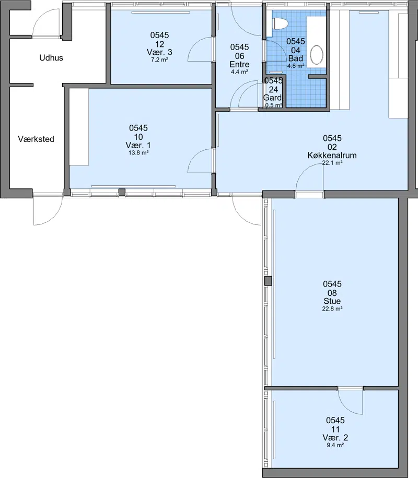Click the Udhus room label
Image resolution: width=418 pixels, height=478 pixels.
pos(51,57)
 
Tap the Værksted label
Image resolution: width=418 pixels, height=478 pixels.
pos(36,139)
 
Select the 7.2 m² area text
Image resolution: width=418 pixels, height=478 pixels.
pos(159,59)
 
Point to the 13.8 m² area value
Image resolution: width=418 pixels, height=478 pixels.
pos(138,153)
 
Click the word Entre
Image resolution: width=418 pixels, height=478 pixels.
pos(239,64)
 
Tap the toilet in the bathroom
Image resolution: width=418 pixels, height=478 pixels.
pos(280,24)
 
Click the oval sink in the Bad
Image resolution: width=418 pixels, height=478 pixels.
pos(317,55)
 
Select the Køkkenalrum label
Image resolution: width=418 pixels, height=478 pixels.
pos(332,155)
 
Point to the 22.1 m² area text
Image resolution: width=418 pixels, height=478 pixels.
pos(332,163)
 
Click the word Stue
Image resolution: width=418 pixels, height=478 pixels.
pos(332,301)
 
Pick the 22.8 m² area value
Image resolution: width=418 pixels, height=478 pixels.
pos(332,309)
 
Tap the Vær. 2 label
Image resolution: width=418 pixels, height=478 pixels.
pos(335,438)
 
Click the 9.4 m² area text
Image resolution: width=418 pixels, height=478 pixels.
pos(335,445)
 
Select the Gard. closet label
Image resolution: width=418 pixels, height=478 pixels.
pos(273,98)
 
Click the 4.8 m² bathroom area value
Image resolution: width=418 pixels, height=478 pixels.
pos(296,66)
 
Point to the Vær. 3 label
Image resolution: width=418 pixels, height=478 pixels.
pos(159,52)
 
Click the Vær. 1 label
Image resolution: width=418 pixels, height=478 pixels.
pos(138,145)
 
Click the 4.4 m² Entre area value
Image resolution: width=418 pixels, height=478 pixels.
pos(239,72)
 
